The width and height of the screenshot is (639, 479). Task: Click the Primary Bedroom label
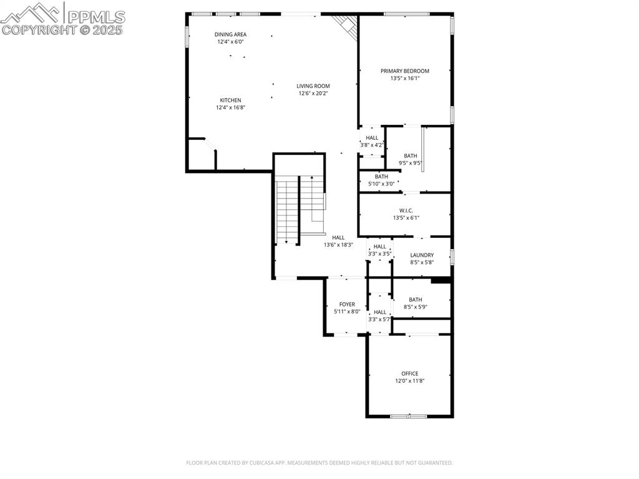click(x=405, y=71)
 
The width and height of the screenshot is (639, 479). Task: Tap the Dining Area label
click(x=230, y=34)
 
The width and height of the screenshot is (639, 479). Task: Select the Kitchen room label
click(x=230, y=101)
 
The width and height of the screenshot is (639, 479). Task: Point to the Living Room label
click(x=313, y=86)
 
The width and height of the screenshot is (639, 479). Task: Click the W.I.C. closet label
click(x=406, y=210)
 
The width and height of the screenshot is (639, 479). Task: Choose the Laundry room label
click(x=422, y=255)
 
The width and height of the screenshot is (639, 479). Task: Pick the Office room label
click(x=410, y=373)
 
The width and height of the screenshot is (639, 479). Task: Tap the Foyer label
click(x=347, y=304)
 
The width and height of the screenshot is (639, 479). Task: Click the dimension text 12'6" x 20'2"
click(x=313, y=94)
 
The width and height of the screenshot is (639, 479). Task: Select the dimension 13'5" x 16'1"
click(x=405, y=79)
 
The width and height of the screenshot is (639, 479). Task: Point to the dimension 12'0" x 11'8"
click(x=410, y=381)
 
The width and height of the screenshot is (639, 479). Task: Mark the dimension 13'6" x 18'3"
click(x=338, y=245)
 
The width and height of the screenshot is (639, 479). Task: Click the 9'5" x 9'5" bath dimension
click(x=411, y=164)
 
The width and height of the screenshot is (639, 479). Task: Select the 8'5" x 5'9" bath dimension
click(x=416, y=307)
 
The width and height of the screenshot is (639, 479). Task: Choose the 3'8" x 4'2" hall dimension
click(x=372, y=145)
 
